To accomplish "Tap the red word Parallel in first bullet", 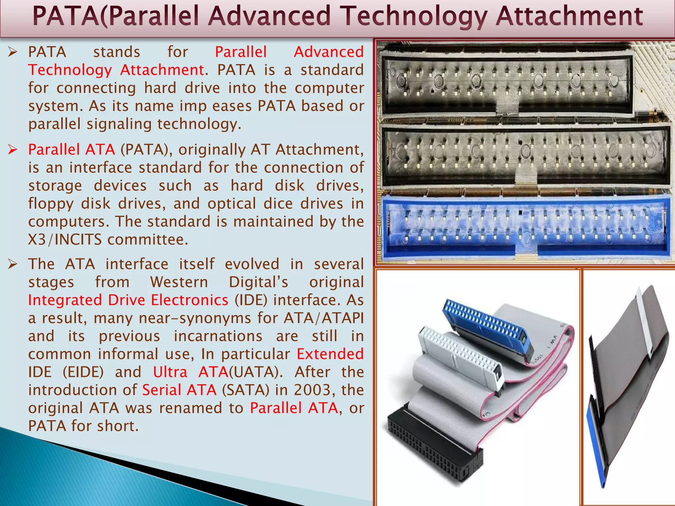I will pos(241,52).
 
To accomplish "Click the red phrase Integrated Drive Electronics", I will pos(128,300).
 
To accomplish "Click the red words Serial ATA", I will pos(179,390).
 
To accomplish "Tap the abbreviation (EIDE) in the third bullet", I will pos(83,372).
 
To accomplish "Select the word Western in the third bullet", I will pos(179,282).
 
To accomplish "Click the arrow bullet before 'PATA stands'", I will pos(13,52).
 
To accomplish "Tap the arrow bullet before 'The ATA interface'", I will pos(13,264).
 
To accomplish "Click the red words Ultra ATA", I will pos(190,372).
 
